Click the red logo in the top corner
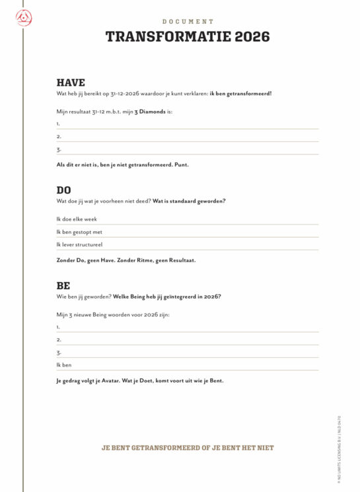tap(23, 20)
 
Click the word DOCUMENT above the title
tap(188, 22)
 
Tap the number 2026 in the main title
tap(252, 37)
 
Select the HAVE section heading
tap(71, 83)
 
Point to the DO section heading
tap(64, 190)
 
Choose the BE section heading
tap(63, 286)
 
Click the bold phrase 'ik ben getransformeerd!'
tap(240, 94)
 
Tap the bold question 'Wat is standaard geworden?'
tap(189, 201)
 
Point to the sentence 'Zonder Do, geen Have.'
tap(85, 260)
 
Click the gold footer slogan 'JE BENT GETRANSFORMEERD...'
tap(188, 448)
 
